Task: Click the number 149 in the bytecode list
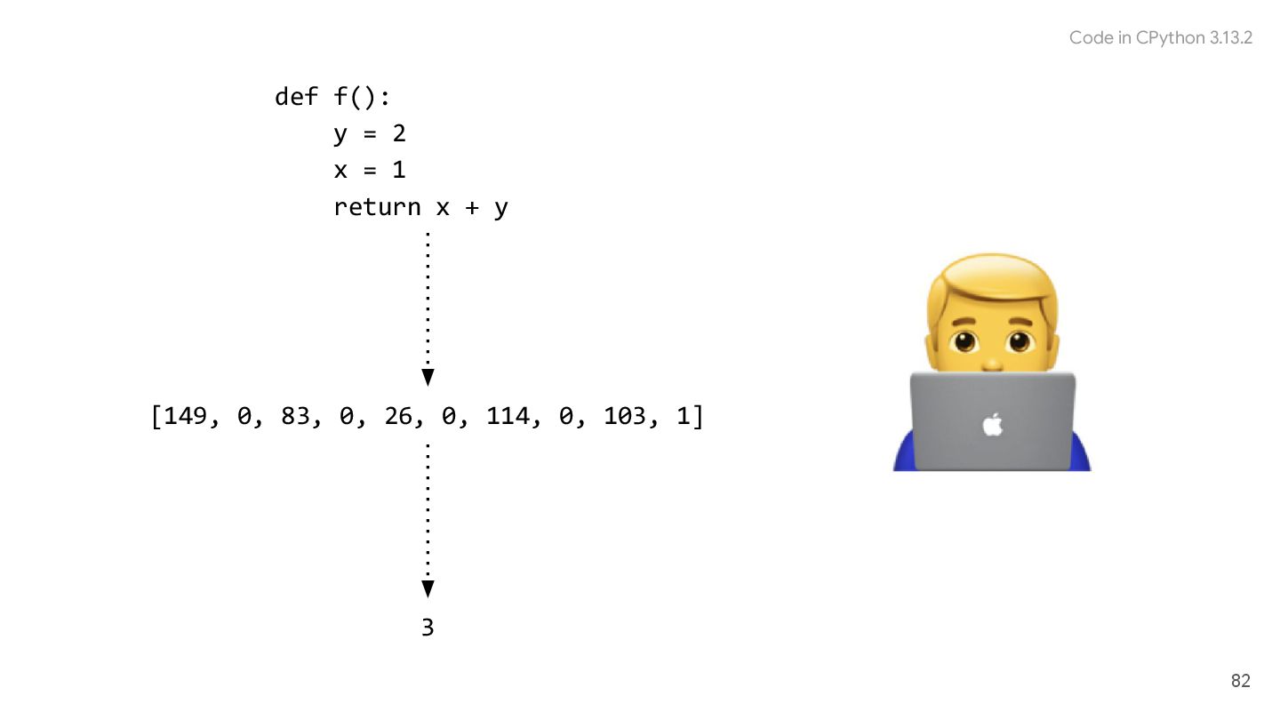[x=185, y=416]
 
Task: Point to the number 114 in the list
[x=508, y=416]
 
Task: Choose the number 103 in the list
[x=625, y=416]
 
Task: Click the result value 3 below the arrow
[x=428, y=628]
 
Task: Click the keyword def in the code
[x=296, y=96]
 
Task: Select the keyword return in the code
[x=377, y=207]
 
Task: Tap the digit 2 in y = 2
[x=399, y=133]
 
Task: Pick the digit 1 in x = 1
[x=399, y=170]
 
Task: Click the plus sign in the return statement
[x=471, y=207]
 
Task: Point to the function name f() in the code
[x=362, y=96]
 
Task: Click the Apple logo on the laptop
[x=992, y=424]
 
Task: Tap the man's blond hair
[x=991, y=283]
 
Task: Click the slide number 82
[x=1240, y=681]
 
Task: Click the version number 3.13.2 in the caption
[x=1231, y=37]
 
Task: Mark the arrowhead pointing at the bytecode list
[x=428, y=377]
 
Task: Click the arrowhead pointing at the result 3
[x=428, y=588]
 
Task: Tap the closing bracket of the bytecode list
[x=698, y=416]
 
